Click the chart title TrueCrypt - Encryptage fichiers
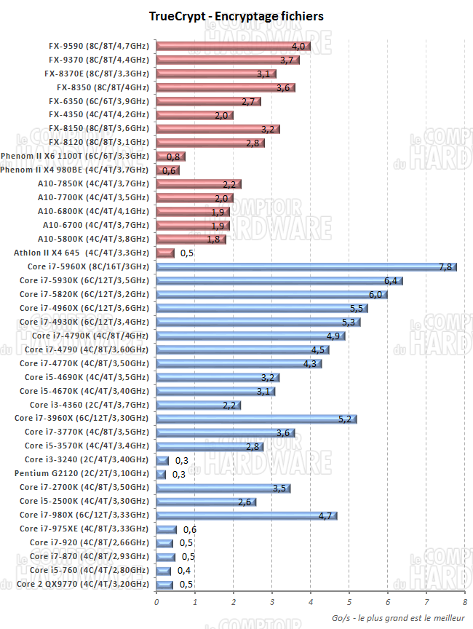(236, 15)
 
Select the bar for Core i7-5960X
(306, 267)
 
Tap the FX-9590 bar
(233, 47)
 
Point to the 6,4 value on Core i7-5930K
(391, 281)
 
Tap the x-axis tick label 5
(349, 601)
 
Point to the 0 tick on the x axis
(156, 601)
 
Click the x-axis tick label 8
(464, 601)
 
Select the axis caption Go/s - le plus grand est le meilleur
(397, 617)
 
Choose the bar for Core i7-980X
(246, 515)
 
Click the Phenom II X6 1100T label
(75, 157)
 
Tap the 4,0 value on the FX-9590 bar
(298, 47)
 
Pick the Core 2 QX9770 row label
(82, 584)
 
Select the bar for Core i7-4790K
(250, 336)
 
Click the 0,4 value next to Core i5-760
(184, 570)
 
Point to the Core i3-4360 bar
(198, 405)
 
